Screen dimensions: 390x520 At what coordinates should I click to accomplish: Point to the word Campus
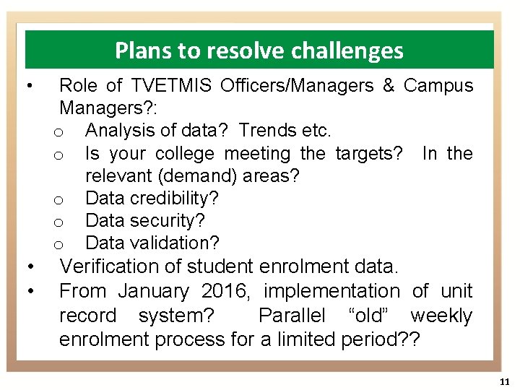[x=438, y=86]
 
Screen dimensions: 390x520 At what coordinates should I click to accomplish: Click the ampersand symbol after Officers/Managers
[x=389, y=86]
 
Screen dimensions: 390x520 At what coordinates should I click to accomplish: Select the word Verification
[x=120, y=266]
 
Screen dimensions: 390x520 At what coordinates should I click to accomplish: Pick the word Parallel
[x=293, y=316]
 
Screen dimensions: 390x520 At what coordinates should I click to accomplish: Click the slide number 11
[x=504, y=381]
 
